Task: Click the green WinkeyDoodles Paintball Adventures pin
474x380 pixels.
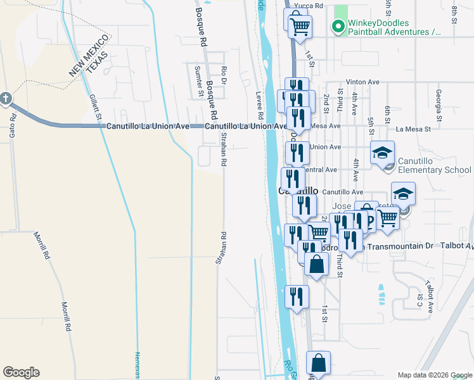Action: tap(338, 27)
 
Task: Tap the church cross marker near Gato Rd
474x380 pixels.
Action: tap(6, 98)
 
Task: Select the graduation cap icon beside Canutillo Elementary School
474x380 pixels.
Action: tap(383, 153)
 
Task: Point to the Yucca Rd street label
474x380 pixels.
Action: tap(312, 6)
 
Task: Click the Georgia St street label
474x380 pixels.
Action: tap(438, 99)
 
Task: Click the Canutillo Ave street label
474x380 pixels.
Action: tap(342, 192)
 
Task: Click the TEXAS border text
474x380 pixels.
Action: tap(98, 61)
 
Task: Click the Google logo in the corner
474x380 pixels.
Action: tap(21, 372)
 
